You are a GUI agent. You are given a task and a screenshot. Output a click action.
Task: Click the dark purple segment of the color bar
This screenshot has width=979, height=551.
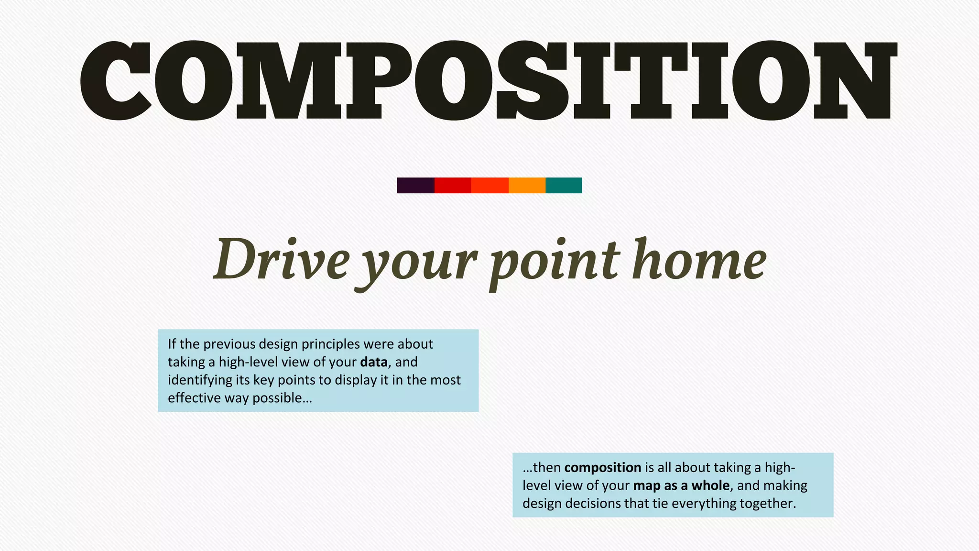point(415,185)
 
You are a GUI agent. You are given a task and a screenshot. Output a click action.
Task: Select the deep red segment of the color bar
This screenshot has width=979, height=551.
point(453,185)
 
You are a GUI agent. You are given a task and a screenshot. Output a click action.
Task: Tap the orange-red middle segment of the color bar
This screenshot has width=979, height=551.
point(489,185)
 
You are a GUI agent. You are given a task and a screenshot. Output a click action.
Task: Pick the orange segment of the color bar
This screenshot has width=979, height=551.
point(527,185)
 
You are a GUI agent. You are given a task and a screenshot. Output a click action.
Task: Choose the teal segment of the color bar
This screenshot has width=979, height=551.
point(564,185)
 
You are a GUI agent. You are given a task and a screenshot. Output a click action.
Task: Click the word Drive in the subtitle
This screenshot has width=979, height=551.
point(282,261)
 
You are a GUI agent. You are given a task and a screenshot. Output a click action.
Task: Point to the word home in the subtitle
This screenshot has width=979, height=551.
point(699,261)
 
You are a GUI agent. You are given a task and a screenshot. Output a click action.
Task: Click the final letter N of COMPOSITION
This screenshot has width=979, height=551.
point(854,80)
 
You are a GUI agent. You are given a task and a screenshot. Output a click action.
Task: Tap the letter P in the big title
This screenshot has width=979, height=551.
point(381,80)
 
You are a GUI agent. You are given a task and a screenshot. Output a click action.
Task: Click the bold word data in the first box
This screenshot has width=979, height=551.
point(373,362)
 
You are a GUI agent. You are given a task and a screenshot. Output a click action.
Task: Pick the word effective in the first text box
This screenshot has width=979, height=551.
point(194,398)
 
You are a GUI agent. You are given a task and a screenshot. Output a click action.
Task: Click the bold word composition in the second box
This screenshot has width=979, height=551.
point(602,467)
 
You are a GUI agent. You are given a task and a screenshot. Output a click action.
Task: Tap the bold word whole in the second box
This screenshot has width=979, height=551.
point(710,485)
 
